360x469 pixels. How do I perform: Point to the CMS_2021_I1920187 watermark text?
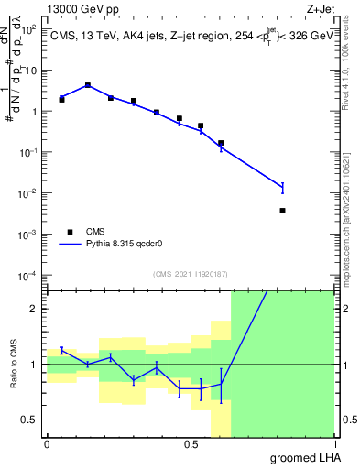click(x=190, y=273)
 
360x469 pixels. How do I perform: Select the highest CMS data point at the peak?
click(x=88, y=85)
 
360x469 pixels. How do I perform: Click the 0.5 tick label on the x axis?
click(x=191, y=444)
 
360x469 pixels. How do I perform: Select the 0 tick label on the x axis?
click(x=47, y=444)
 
